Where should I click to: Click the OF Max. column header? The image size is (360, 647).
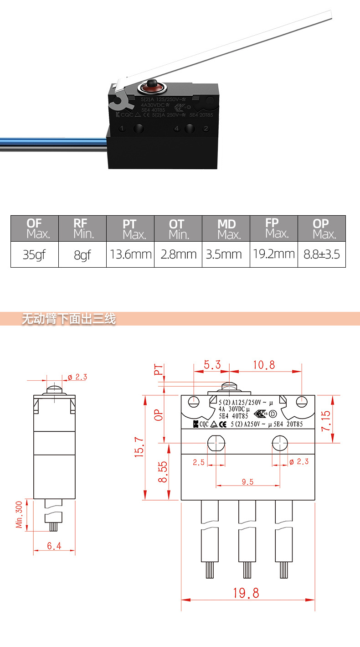point(35,228)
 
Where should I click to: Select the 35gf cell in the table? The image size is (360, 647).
point(35,254)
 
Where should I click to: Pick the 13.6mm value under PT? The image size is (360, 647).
point(130,254)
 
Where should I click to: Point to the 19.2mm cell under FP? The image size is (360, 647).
point(274,254)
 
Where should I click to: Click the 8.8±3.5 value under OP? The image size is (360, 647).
point(322,254)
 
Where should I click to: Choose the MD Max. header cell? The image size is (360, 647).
point(226,228)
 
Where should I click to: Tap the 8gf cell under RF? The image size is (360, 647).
point(82,254)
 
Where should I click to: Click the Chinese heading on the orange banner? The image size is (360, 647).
point(69,319)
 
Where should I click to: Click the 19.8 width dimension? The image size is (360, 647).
point(246,593)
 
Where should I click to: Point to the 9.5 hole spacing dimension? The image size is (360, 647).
point(248,482)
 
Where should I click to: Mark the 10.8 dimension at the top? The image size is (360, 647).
point(264,365)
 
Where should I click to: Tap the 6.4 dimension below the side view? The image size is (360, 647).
point(54,546)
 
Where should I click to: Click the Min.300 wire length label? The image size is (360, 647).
point(20,515)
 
